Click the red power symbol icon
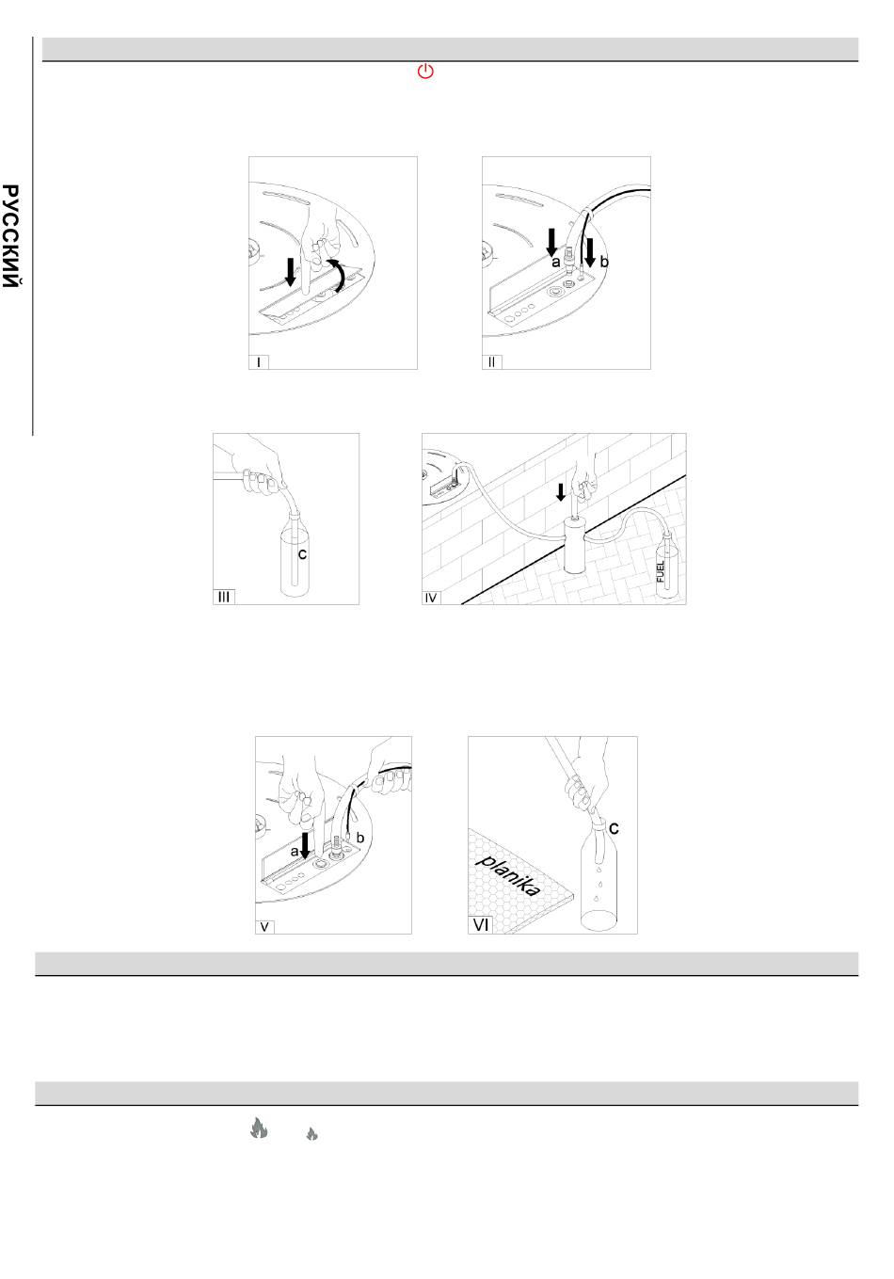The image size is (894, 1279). [x=425, y=72]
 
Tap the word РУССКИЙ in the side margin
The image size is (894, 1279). [x=10, y=236]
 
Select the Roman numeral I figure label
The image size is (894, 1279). [x=259, y=362]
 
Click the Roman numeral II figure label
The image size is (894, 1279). [x=492, y=362]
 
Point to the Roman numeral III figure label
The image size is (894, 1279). [x=224, y=597]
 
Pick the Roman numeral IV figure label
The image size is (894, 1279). [x=431, y=598]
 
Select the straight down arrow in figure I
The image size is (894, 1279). [x=291, y=272]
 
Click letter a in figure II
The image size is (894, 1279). [x=555, y=263]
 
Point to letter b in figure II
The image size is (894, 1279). [x=604, y=262]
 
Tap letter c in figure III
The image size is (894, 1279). [x=303, y=553]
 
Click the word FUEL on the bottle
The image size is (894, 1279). [x=661, y=571]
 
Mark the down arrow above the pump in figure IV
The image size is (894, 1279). [x=561, y=491]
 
